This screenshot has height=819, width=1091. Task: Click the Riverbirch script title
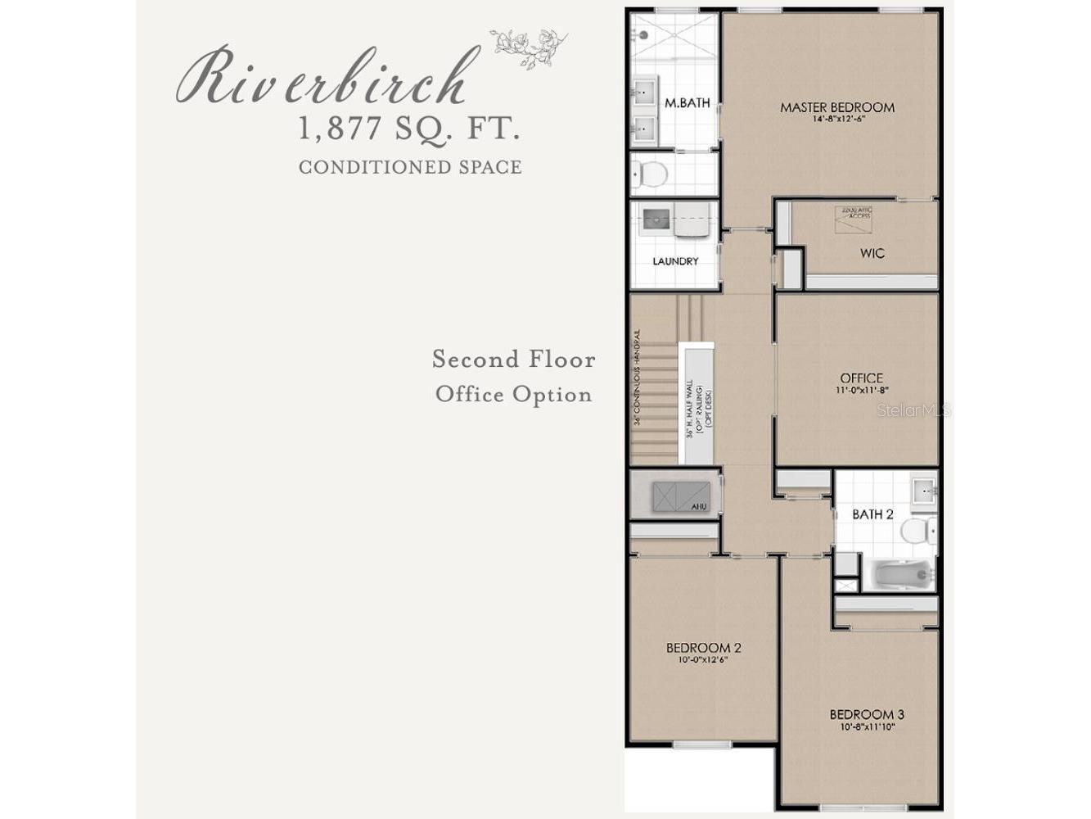327,78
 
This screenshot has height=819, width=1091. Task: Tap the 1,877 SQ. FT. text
409,129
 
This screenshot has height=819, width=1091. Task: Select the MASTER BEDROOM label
836,107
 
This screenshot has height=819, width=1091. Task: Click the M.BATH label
687,103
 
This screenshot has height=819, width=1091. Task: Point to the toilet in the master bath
651,174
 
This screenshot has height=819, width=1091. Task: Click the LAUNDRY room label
675,261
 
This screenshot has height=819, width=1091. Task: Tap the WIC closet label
872,253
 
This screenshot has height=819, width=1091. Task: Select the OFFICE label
861,378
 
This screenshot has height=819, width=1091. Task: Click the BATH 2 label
872,514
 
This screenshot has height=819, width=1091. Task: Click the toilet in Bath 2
918,531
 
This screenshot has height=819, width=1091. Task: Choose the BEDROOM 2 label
703,648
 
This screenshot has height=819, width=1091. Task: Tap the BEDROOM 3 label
867,714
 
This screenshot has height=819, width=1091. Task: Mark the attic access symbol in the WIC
853,217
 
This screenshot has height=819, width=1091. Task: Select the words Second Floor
513,359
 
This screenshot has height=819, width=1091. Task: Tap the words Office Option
513,395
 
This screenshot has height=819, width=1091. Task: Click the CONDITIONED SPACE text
410,167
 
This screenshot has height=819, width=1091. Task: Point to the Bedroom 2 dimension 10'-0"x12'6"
703,660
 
